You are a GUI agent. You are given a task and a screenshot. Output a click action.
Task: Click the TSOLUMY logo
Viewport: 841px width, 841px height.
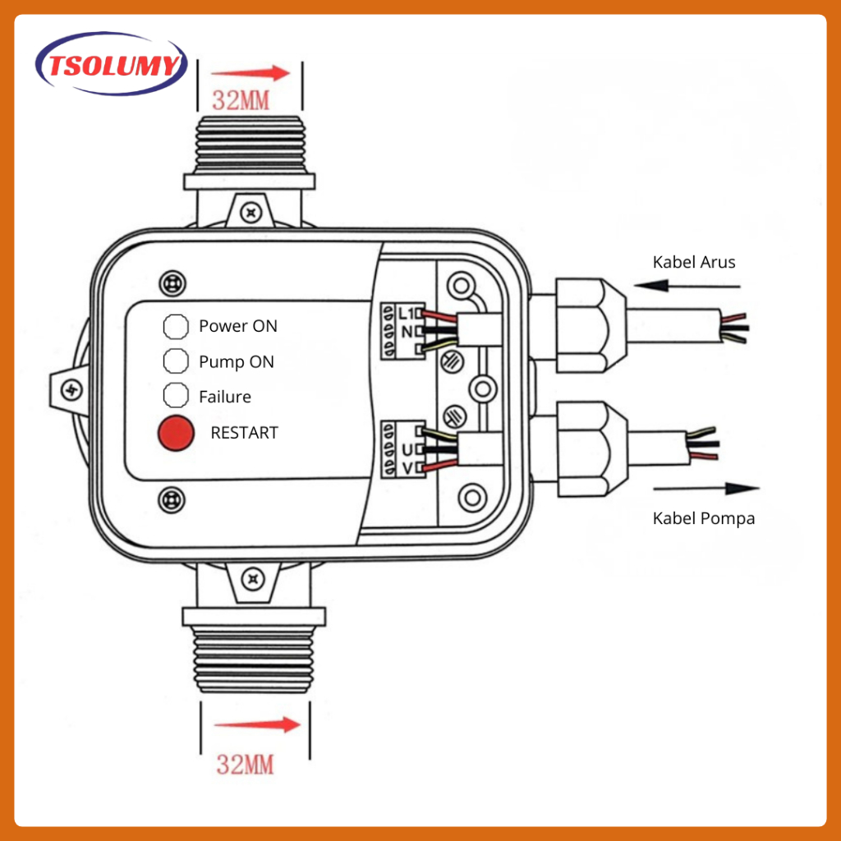pos(112,64)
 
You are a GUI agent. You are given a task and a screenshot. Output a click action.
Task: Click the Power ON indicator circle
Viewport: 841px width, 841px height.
pos(176,326)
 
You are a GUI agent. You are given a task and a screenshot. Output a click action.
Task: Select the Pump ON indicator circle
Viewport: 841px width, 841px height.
pos(176,361)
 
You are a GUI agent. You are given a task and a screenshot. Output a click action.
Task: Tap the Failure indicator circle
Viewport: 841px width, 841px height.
pos(176,395)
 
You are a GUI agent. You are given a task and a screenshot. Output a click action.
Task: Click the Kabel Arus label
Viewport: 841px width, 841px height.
pos(693,262)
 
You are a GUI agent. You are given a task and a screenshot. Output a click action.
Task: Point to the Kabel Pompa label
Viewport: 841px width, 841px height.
pos(704,518)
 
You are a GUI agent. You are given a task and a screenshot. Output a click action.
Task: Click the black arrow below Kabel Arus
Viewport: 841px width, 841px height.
pos(687,286)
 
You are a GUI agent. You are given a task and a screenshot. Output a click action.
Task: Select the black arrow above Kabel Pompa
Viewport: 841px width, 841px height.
pos(706,488)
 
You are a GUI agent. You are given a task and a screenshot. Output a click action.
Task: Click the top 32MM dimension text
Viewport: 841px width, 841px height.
pos(241,100)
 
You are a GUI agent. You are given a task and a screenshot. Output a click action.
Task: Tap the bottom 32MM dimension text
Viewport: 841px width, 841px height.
pos(245,765)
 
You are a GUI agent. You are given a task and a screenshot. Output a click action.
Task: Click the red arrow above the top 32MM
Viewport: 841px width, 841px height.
pos(250,73)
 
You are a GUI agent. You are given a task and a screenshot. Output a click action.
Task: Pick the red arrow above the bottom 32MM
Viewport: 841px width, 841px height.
pos(257,724)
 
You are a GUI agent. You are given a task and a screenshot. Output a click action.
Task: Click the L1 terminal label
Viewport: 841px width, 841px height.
pos(406,313)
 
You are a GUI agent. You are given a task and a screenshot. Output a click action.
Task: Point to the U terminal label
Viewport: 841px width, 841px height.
pos(407,449)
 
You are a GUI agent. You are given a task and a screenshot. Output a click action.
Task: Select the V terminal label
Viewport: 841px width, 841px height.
pos(407,468)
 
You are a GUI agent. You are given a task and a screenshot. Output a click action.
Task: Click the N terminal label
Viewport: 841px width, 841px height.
pos(407,332)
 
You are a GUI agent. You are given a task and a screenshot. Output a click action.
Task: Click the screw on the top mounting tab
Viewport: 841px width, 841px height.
pos(251,213)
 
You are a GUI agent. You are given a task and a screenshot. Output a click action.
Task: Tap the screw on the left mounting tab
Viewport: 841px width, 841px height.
pos(71,390)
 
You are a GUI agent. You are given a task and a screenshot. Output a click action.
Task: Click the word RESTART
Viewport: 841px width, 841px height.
pos(244,433)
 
